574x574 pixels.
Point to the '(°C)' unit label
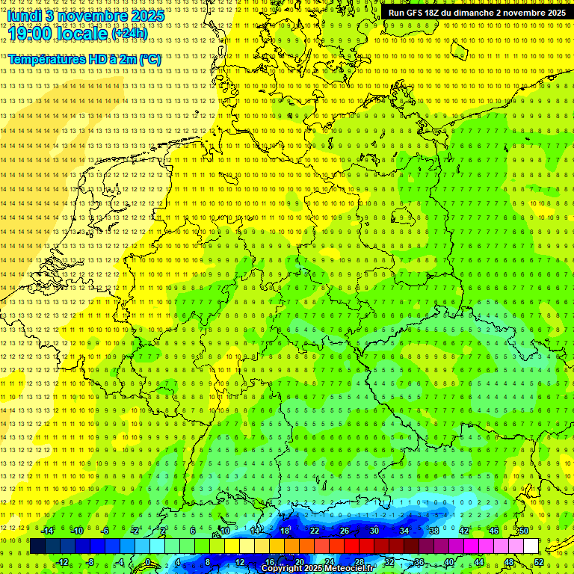150,59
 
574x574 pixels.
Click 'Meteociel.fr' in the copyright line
349,569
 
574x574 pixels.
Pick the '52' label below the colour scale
539,562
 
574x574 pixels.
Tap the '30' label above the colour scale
374,531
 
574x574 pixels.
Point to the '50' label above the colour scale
524,531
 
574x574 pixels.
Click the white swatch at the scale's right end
531,546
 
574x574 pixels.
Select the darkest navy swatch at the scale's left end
37,546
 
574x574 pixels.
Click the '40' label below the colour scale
448,562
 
